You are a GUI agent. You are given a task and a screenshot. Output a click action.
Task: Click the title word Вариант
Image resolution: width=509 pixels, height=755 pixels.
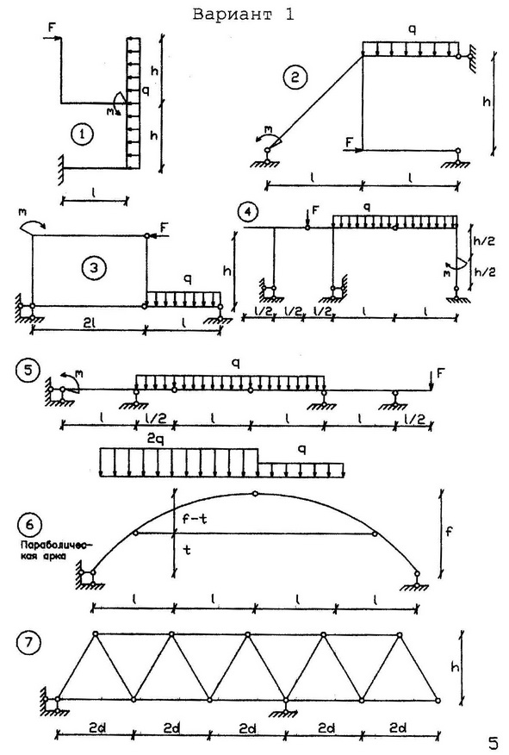tap(233, 14)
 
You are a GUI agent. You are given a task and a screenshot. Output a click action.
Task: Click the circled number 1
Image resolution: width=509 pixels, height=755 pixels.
tap(82, 134)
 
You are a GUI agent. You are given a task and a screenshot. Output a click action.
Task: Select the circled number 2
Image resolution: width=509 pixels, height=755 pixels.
tap(295, 78)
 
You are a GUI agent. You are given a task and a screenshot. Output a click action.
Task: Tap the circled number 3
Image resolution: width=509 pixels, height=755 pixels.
tap(94, 267)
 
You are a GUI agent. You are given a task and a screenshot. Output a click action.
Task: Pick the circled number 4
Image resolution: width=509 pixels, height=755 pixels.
tap(248, 212)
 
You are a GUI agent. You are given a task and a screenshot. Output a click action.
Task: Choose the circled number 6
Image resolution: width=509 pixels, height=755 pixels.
tap(30, 524)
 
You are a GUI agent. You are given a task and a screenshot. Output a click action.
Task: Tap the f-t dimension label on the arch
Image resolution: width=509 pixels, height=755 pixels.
tap(195, 519)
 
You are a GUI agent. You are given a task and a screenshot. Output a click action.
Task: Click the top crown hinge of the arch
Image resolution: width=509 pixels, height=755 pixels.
tap(255, 494)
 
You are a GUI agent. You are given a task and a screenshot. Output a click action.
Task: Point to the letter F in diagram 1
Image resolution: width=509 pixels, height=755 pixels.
tap(52, 28)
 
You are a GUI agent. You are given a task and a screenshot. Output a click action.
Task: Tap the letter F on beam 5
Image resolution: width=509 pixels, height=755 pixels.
tap(440, 374)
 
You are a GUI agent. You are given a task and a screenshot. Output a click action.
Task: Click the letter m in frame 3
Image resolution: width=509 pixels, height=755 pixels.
tap(22, 212)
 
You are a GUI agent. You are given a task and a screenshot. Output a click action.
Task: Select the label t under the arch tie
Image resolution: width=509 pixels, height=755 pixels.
tap(187, 549)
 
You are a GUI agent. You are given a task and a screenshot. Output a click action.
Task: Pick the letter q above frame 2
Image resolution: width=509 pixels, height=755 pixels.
tap(413, 30)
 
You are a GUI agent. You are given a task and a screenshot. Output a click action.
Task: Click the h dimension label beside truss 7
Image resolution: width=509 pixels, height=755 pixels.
tap(455, 667)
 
